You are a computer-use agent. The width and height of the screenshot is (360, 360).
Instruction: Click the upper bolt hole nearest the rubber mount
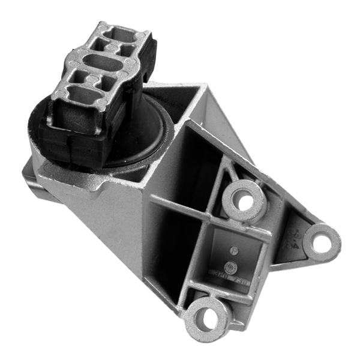(243, 201)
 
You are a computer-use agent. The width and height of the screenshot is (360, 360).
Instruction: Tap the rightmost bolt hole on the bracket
(322, 242)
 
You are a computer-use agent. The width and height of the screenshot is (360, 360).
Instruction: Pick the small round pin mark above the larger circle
(235, 250)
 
